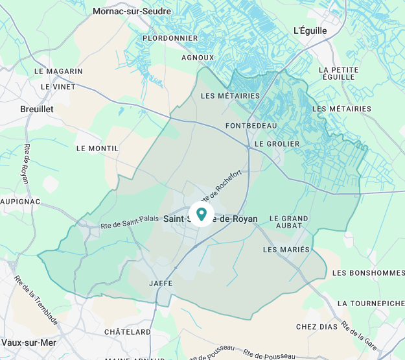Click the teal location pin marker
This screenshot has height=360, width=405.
201,213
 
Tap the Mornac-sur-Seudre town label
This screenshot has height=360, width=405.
132,11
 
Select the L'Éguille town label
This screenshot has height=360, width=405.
310,30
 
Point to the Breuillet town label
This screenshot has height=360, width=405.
37,109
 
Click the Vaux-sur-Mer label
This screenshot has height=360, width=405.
27,342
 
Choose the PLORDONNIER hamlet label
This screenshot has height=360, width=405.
170,38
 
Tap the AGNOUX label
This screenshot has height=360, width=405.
198,57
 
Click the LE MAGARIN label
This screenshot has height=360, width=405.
58,71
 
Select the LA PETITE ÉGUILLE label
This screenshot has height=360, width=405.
338,73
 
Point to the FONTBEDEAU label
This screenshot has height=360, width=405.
251,125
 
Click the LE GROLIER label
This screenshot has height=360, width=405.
277,143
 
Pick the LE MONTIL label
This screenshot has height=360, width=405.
97,148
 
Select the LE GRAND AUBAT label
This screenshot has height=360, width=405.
288,222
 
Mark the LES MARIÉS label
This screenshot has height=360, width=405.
287,249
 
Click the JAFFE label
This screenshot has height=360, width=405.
161,283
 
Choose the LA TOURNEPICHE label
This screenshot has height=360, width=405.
371,303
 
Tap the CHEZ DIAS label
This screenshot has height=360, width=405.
316,326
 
